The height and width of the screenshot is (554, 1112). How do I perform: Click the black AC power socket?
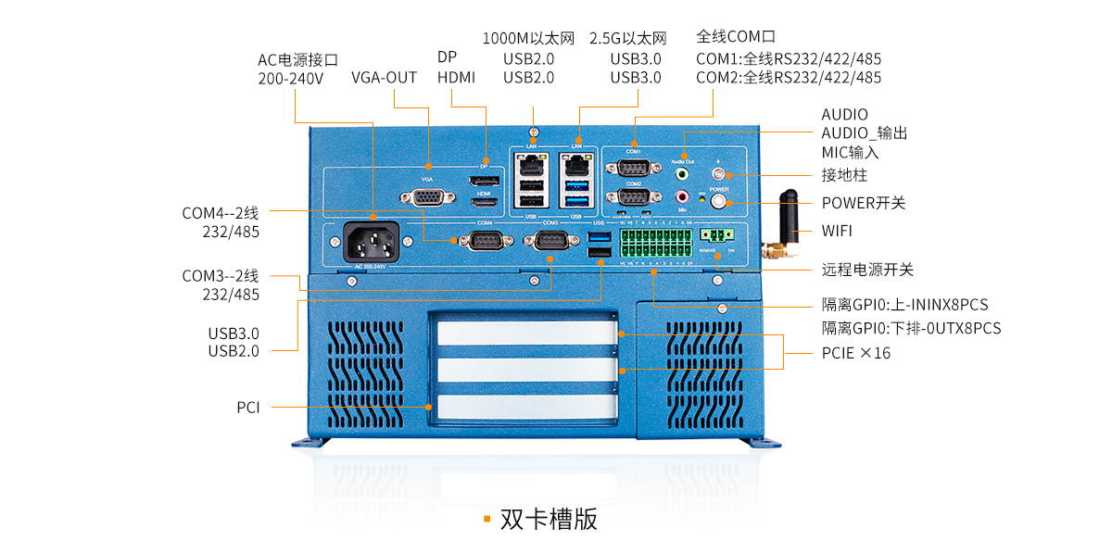tap(371, 244)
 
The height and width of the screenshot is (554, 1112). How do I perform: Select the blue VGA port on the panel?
tap(426, 197)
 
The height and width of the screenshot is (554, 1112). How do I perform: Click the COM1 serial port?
tap(633, 168)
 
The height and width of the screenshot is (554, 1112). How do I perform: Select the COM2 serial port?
tap(633, 197)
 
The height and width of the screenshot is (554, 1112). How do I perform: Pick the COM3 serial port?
tap(550, 241)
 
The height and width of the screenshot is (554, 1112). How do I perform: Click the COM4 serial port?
tap(484, 241)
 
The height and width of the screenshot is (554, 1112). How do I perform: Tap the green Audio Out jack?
tap(683, 172)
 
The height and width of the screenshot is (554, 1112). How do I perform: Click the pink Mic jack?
tap(683, 196)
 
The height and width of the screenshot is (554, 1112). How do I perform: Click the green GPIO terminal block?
tap(655, 244)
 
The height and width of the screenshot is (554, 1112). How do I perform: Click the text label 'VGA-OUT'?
tap(384, 77)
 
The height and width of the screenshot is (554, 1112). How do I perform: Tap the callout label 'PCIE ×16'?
tap(855, 353)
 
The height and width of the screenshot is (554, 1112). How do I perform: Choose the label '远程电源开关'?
tap(867, 270)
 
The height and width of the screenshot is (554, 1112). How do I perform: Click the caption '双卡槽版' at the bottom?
tap(549, 519)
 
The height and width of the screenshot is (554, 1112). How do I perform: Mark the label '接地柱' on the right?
tap(844, 174)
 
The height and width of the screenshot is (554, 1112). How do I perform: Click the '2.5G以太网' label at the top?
tap(628, 39)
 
